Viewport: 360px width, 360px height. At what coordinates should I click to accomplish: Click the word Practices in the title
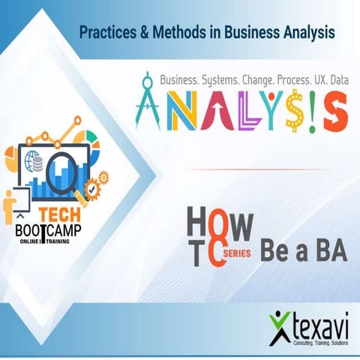tap(108, 33)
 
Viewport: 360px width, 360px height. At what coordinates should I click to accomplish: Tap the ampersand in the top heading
tap(148, 33)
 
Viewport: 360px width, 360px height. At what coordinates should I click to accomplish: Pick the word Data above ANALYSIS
tap(337, 79)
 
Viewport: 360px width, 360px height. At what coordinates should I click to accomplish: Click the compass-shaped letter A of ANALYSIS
tap(149, 106)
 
